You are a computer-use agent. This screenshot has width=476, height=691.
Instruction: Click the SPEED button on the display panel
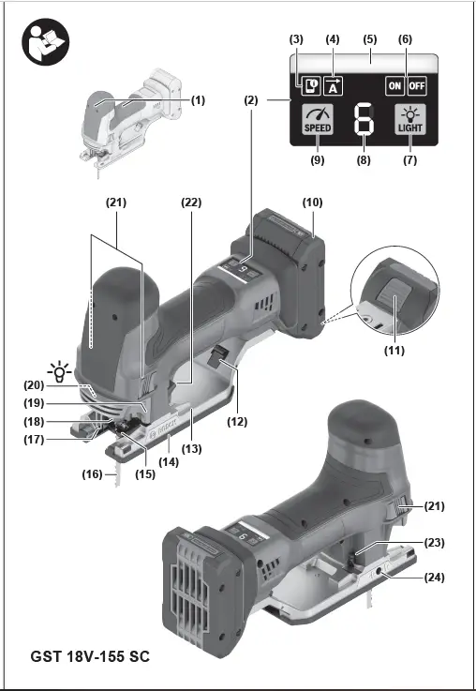(x=318, y=119)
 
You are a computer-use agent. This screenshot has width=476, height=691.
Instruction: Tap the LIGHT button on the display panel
(x=410, y=119)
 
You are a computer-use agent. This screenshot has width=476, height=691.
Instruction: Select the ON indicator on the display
(x=394, y=86)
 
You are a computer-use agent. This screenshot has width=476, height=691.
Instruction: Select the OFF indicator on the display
(x=417, y=86)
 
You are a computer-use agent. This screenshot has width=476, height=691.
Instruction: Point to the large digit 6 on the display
(x=364, y=119)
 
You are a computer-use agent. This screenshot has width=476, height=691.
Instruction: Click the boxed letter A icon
(x=333, y=86)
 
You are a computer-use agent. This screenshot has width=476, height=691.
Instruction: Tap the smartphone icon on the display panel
(x=311, y=86)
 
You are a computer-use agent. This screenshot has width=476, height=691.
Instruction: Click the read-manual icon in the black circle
(x=45, y=42)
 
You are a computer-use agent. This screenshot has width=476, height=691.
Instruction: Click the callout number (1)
(x=198, y=100)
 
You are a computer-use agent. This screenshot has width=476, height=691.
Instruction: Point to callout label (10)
(x=312, y=203)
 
